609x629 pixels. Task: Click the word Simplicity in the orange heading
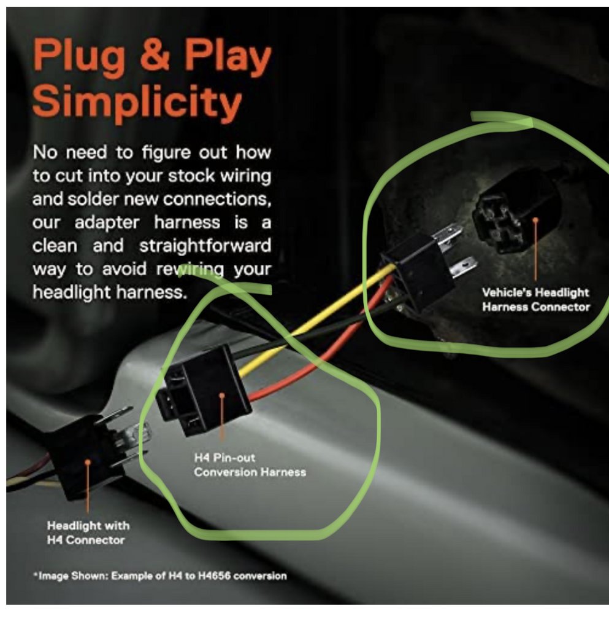point(137,101)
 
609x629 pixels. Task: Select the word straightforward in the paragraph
point(205,245)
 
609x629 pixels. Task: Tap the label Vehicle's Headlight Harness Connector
point(536,300)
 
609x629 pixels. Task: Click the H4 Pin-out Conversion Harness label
point(250,465)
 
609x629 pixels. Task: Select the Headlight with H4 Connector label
point(88,533)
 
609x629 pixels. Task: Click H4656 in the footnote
point(214,576)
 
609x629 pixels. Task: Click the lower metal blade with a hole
point(464,267)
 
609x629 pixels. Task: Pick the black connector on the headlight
point(86,456)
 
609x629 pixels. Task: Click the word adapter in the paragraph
point(107,222)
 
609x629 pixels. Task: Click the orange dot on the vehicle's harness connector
point(535,220)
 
